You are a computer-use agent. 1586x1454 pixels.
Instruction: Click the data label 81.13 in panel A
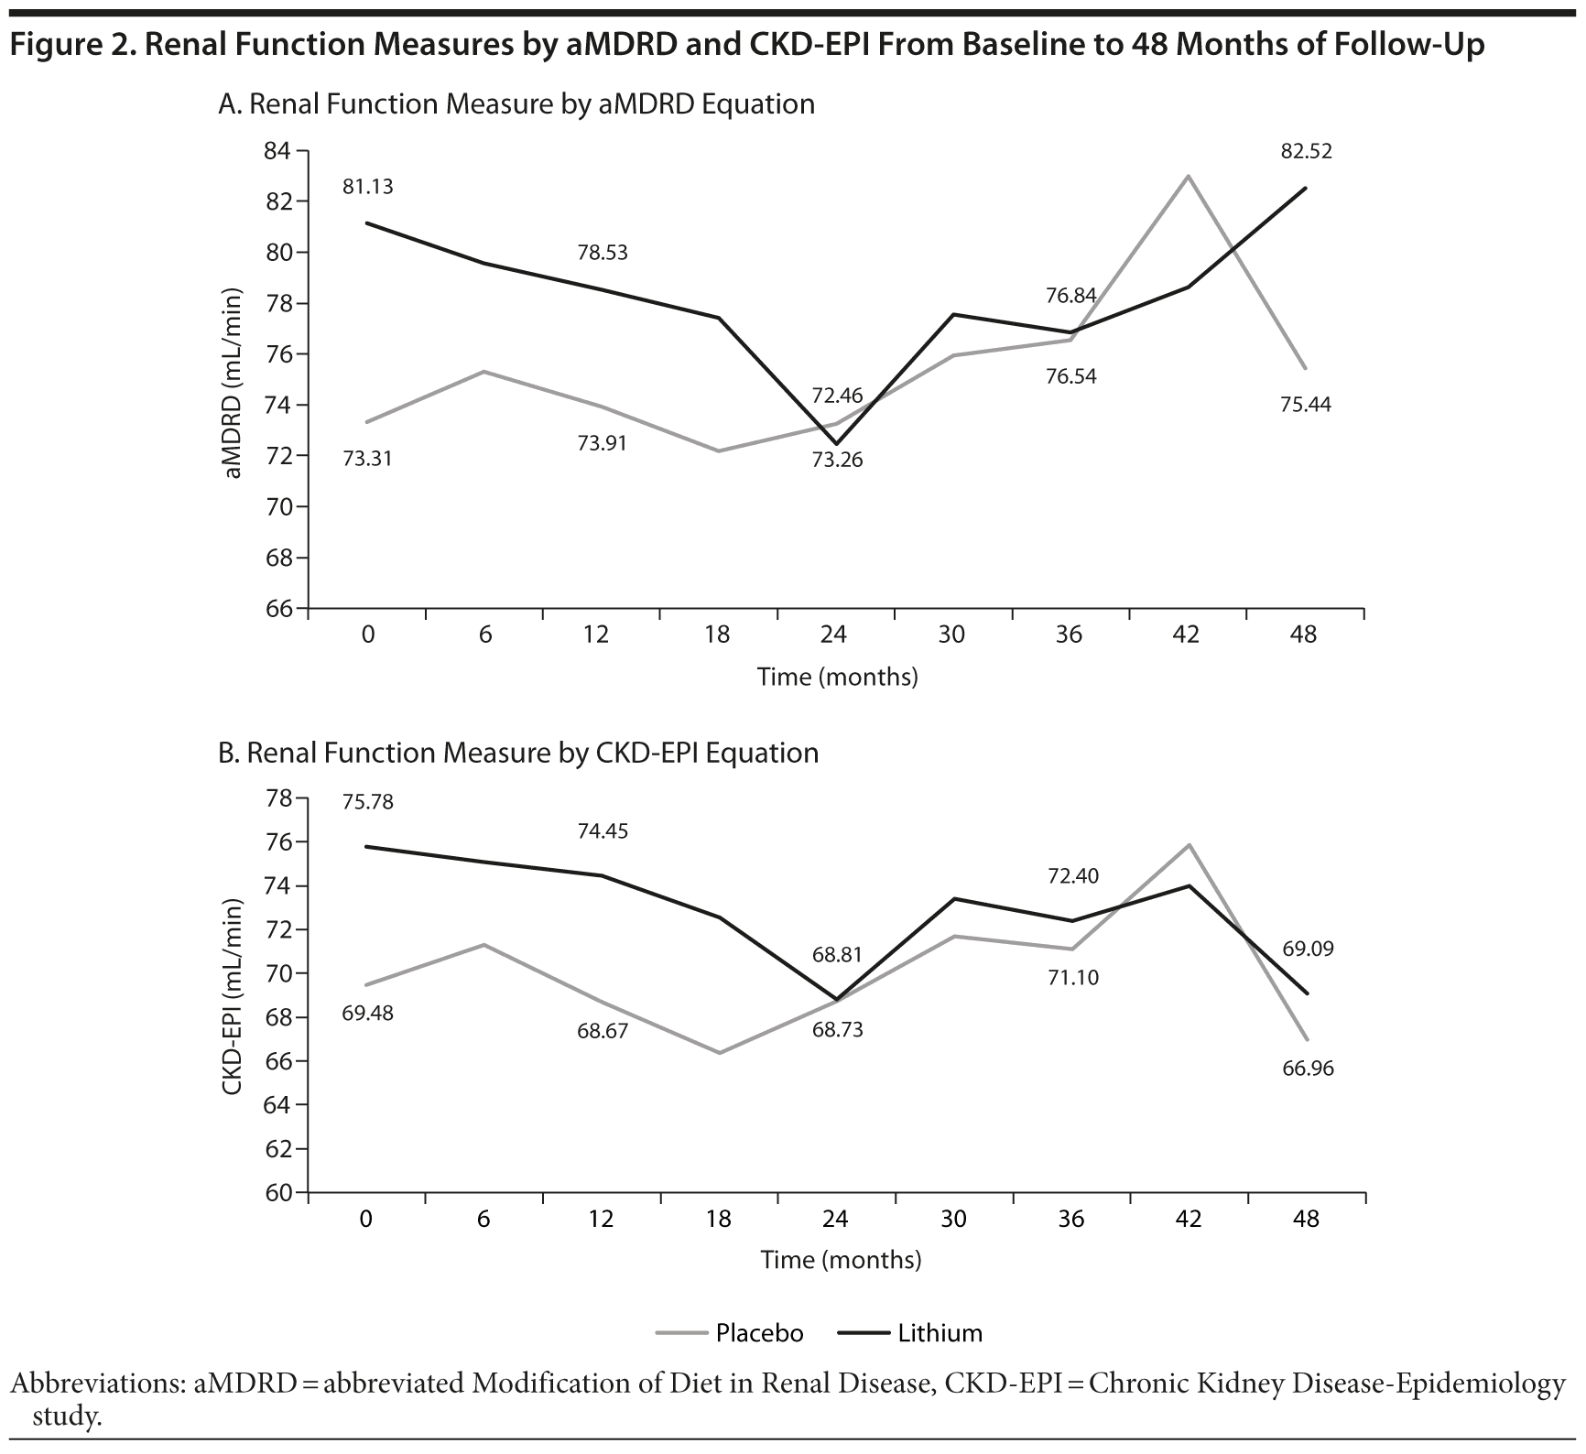point(368,187)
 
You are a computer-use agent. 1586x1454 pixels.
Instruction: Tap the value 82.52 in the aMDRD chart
point(1306,152)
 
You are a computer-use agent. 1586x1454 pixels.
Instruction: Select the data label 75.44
point(1306,405)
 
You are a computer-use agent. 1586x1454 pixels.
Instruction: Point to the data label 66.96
point(1308,1069)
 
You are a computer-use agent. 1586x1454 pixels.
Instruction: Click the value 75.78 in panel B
point(368,802)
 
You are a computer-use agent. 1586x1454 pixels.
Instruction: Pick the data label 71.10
point(1073,978)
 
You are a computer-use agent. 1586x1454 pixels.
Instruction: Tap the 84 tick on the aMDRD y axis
point(277,151)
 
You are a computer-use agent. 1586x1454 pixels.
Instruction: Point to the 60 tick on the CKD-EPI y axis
point(277,1193)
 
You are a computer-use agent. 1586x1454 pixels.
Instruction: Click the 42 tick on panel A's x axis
point(1186,635)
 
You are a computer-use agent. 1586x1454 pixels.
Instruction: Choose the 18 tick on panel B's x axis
point(719,1220)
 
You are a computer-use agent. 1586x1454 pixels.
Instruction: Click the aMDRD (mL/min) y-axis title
point(234,384)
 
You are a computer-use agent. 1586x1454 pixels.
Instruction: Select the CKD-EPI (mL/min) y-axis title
point(234,996)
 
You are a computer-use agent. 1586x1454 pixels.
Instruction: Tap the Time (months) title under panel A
point(837,678)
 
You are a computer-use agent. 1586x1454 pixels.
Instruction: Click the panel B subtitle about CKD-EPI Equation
point(518,753)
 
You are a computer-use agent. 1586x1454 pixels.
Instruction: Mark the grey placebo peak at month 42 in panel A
point(1188,176)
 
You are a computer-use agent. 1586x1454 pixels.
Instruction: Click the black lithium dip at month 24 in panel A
point(836,444)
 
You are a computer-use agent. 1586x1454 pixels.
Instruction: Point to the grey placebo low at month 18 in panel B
point(720,1053)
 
